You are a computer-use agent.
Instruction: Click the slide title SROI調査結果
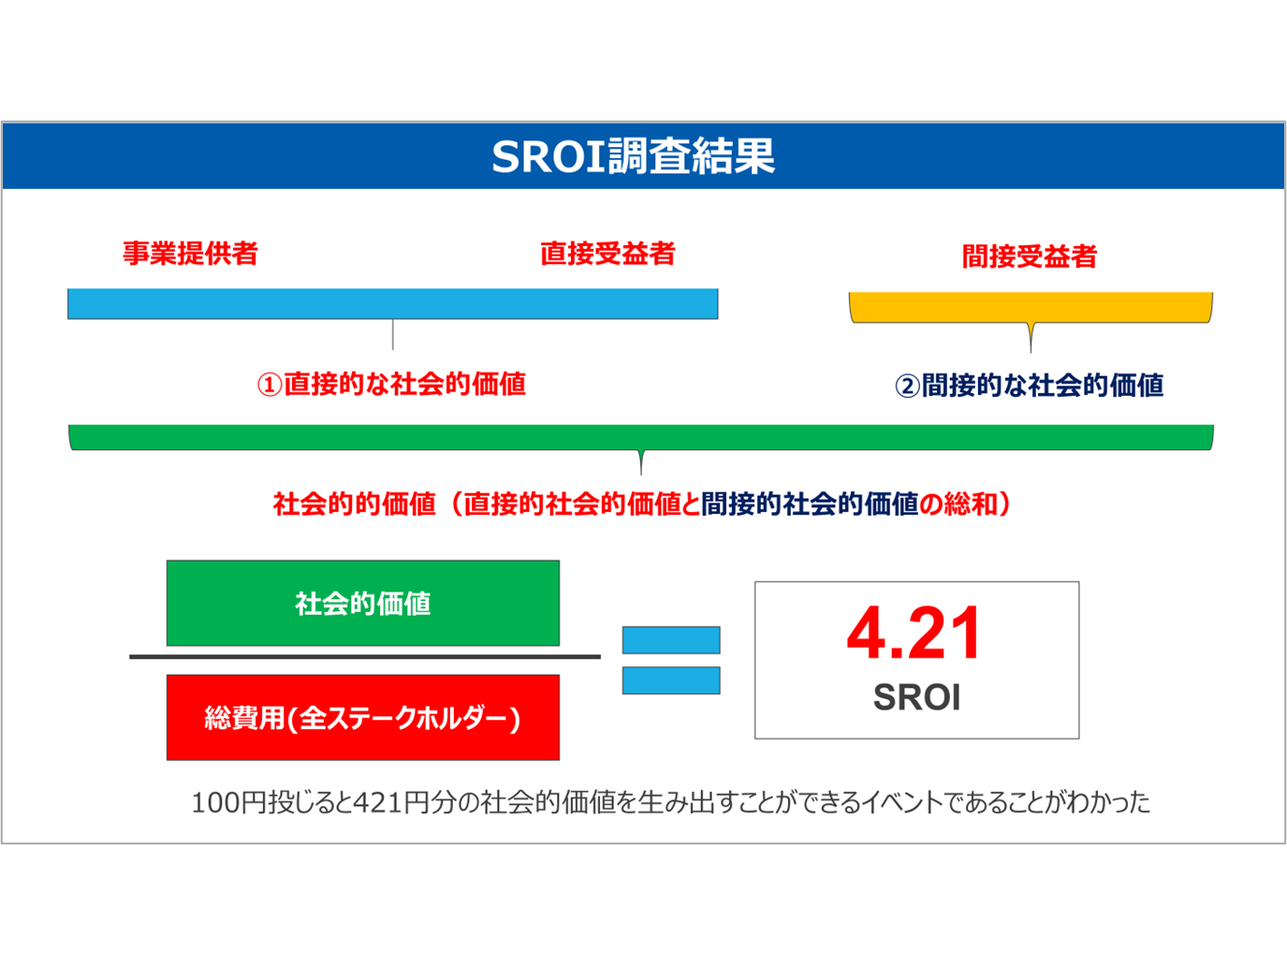(634, 156)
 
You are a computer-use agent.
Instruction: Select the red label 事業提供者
(191, 254)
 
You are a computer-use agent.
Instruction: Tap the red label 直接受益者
(608, 254)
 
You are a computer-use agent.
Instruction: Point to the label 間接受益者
(1030, 256)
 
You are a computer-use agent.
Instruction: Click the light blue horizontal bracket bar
(393, 303)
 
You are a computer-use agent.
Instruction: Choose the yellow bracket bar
(1031, 308)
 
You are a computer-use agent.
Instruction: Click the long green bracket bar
(641, 437)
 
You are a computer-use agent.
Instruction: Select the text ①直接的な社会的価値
(391, 385)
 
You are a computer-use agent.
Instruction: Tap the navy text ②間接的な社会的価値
(1029, 386)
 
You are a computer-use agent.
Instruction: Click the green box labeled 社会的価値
(363, 604)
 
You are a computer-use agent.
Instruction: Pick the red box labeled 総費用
(363, 718)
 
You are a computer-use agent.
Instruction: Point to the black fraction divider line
(365, 657)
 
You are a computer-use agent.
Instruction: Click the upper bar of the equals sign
(671, 640)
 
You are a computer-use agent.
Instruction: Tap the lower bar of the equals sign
(671, 680)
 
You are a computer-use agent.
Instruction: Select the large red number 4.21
(914, 634)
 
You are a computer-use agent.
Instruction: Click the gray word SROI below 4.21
(917, 697)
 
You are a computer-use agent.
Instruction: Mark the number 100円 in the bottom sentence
(229, 803)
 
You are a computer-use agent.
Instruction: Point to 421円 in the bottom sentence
(391, 803)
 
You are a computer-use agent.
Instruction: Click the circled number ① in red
(270, 386)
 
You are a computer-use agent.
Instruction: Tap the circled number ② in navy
(907, 387)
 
